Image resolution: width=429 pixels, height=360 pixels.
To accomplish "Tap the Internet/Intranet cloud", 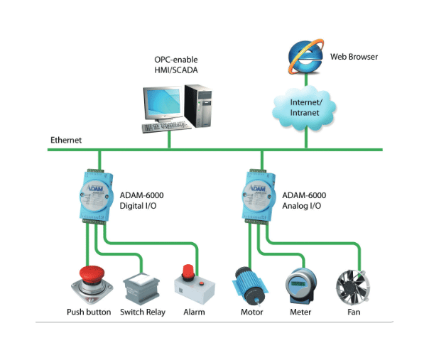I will pyautogui.click(x=305, y=107).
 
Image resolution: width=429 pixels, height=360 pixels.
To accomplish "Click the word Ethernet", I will pyautogui.click(x=66, y=140).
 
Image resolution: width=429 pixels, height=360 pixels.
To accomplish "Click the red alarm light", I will pyautogui.click(x=188, y=271).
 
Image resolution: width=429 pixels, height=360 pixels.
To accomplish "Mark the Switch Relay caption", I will pyautogui.click(x=143, y=312).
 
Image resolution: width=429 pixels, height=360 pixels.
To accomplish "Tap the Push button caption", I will pyautogui.click(x=89, y=312).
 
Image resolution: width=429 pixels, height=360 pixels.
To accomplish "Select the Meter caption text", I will pyautogui.click(x=300, y=312).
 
